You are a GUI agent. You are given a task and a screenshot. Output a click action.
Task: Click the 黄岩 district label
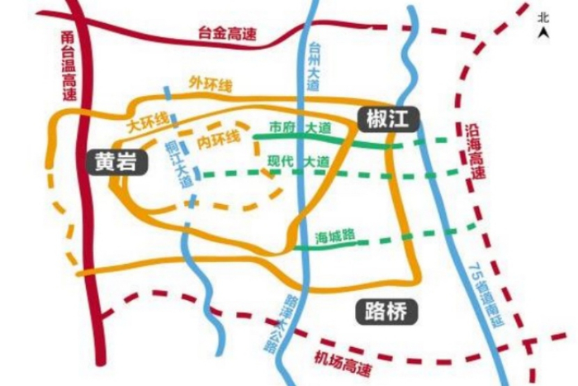tap(115, 161)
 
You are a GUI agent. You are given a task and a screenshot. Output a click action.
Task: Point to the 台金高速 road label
tap(228, 34)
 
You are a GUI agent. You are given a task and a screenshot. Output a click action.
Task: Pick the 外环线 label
tap(211, 84)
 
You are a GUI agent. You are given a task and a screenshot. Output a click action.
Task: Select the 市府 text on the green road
tap(282, 129)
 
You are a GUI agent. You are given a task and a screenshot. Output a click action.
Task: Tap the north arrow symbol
tap(542, 32)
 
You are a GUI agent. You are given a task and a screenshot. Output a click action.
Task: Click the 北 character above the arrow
tap(542, 16)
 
